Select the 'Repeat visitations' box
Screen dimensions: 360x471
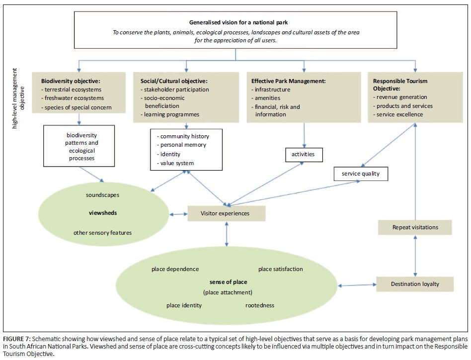click(415, 227)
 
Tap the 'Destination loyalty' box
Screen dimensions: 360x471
click(415, 284)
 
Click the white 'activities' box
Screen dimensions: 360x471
click(303, 154)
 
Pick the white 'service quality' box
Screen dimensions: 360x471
click(360, 174)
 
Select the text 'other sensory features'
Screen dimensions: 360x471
click(102, 232)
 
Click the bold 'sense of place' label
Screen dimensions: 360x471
click(228, 282)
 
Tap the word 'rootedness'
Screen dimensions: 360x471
click(259, 305)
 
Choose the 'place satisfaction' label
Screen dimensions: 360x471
click(280, 269)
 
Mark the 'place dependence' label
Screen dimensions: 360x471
click(175, 269)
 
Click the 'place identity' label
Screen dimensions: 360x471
click(184, 305)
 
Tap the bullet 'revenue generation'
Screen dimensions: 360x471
click(401, 97)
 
